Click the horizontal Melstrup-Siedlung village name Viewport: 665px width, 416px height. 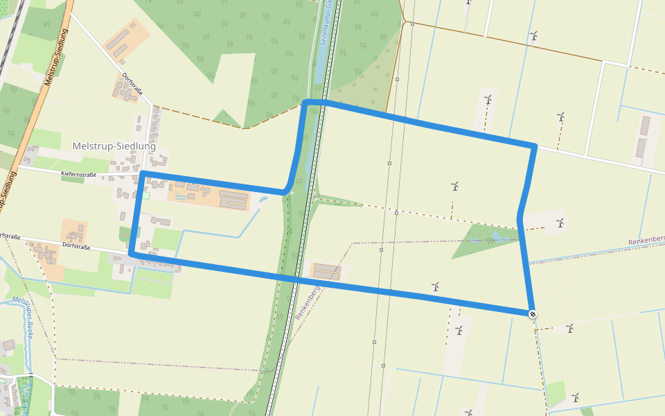coord(114,146)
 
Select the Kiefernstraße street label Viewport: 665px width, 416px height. coord(79,174)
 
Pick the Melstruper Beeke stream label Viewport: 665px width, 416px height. coord(24,319)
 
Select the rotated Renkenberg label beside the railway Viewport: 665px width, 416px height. coord(306,302)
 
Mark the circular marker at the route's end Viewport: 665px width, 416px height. coord(533,314)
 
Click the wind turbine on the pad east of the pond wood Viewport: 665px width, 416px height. coord(560,223)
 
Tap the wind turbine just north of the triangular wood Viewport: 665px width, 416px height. coord(455,186)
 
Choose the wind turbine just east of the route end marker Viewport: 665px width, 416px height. coord(569,328)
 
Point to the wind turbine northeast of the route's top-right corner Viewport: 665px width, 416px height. coord(561,117)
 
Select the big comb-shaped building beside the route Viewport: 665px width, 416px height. coord(233,201)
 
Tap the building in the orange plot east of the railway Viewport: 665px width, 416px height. coord(328,271)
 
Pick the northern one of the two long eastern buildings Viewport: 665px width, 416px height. coord(645,125)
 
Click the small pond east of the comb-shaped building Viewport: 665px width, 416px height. coord(263,200)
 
